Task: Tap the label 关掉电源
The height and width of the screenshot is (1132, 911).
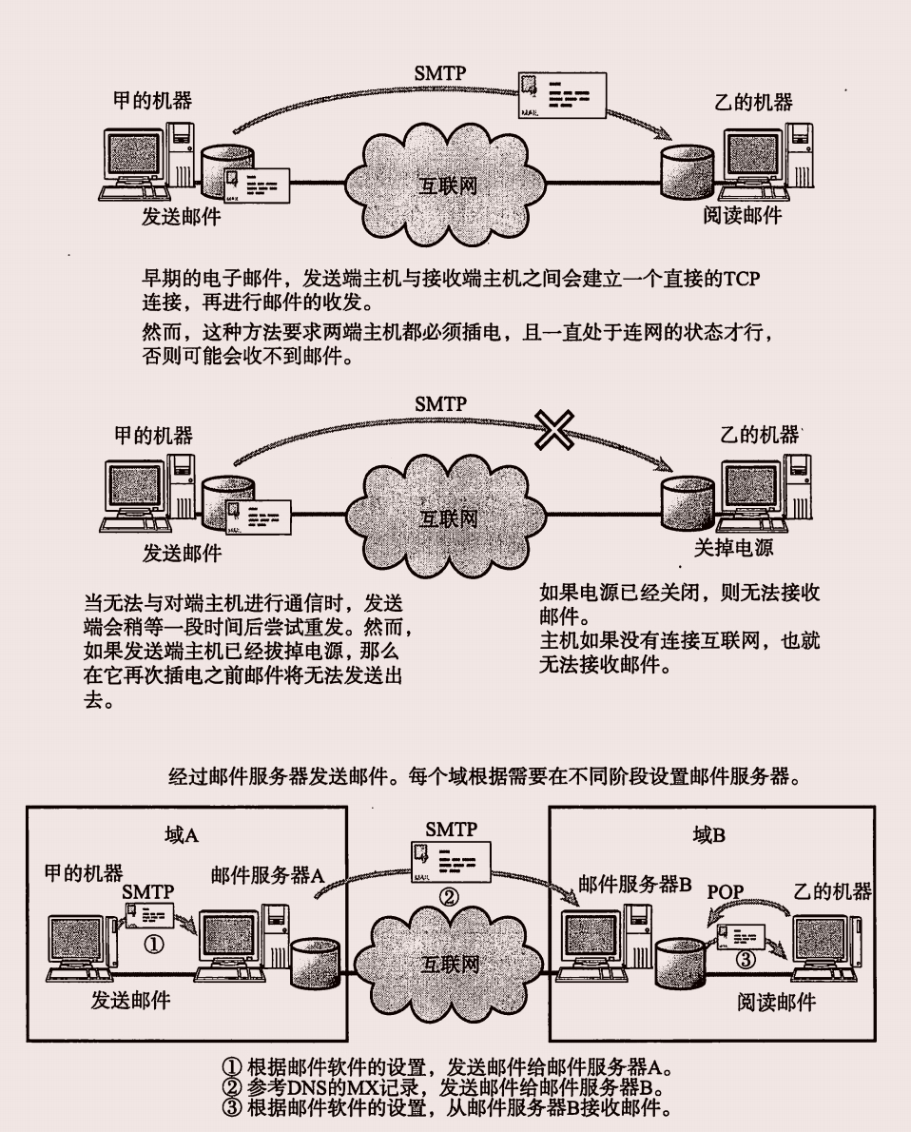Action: (732, 548)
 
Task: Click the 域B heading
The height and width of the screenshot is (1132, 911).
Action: (709, 836)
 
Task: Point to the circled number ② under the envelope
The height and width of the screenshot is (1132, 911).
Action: (448, 896)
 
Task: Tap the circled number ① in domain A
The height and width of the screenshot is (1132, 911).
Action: (151, 944)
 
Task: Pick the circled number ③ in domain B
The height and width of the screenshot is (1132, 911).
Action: (746, 960)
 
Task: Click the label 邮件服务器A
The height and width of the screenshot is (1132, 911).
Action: (268, 875)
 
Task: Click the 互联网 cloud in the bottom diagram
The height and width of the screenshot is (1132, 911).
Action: (449, 965)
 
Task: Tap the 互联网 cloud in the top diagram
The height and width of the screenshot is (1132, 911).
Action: (448, 185)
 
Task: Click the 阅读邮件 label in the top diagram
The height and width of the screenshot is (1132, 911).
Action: (743, 216)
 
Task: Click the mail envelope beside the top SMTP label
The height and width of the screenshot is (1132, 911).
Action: (560, 96)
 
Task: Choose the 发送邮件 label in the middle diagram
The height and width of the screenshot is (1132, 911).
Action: (182, 553)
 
